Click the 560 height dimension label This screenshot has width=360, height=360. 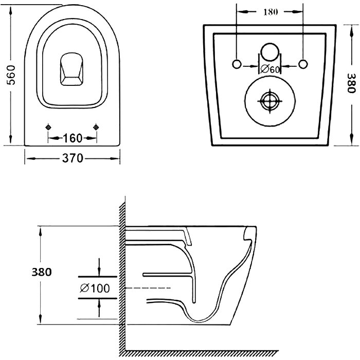(x=11, y=75)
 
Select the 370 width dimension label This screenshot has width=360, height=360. (x=73, y=158)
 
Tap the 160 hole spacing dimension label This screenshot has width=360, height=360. (x=73, y=138)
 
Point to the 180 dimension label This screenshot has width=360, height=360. (x=271, y=12)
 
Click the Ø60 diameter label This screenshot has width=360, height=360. (x=270, y=69)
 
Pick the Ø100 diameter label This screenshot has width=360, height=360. (x=95, y=288)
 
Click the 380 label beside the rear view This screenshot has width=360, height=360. (x=351, y=83)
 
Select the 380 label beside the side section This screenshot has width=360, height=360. (x=42, y=272)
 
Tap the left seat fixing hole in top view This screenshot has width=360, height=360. (x=48, y=127)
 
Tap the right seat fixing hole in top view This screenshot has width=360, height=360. (x=96, y=127)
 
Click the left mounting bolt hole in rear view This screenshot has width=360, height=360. (x=237, y=64)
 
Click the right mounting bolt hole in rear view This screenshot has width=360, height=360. (x=303, y=64)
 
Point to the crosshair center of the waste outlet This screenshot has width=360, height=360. (x=270, y=101)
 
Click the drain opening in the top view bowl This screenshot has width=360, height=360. (x=71, y=69)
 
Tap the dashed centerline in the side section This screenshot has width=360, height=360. (x=148, y=287)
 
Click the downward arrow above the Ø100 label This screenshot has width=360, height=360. (x=99, y=267)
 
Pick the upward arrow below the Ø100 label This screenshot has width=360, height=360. (x=99, y=308)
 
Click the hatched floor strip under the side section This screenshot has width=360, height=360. (x=202, y=353)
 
